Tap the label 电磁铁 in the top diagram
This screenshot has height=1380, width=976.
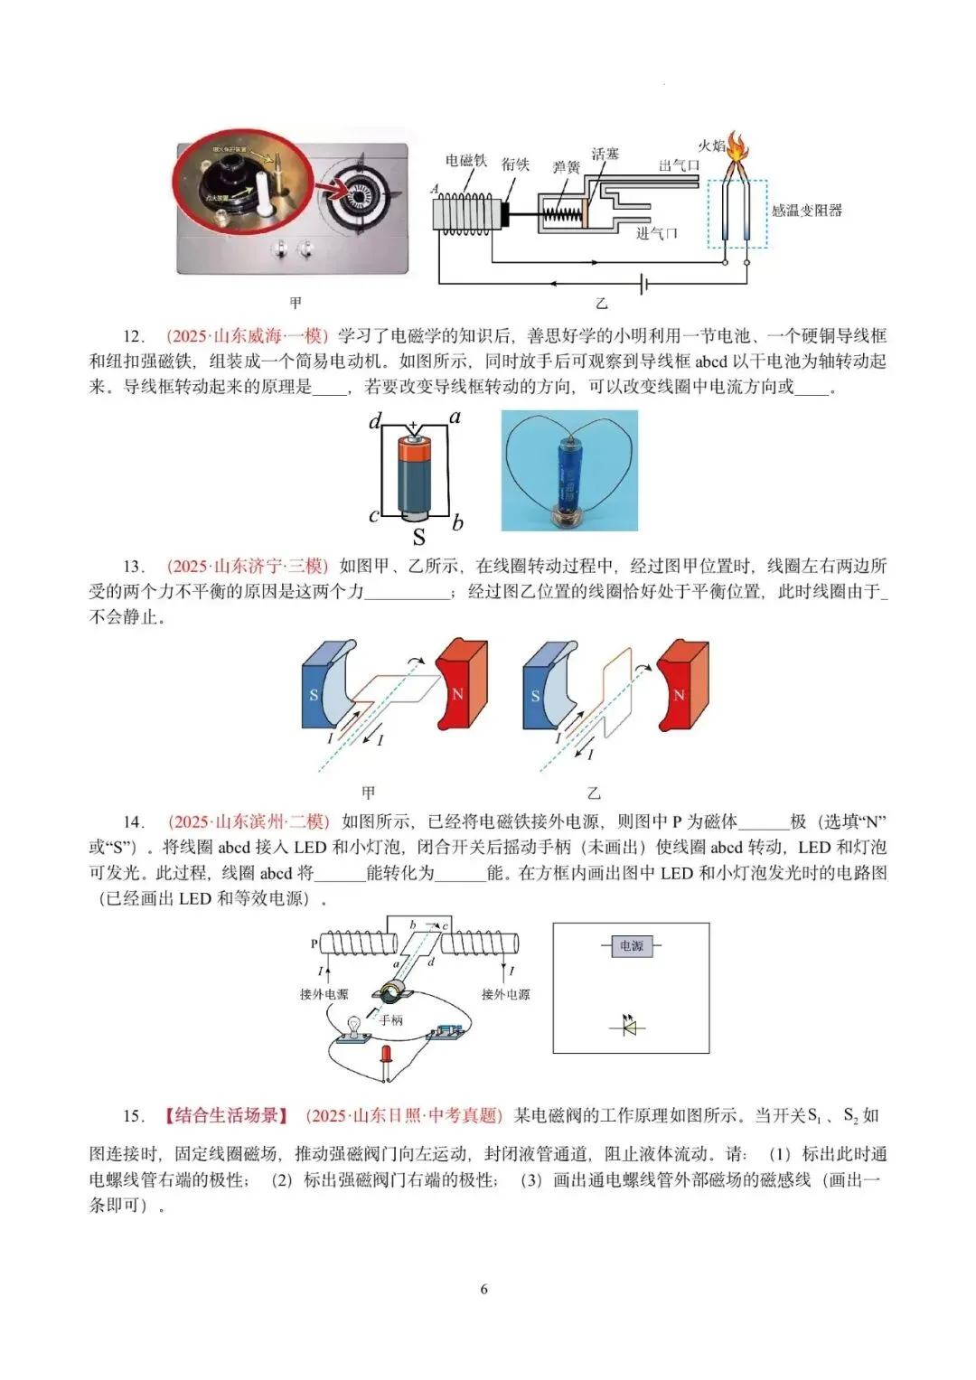[x=465, y=161]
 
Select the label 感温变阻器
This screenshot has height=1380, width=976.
[x=806, y=211]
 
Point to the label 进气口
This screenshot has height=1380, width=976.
[x=656, y=234]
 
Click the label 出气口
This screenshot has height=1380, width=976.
[x=680, y=165]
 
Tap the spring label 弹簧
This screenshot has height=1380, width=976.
[x=567, y=167]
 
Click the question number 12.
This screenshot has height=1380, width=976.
[x=133, y=336]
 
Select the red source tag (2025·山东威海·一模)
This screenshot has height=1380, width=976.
[x=247, y=336]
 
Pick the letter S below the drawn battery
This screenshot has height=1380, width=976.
[x=418, y=537]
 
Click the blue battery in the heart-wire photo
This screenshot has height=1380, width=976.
[x=569, y=471]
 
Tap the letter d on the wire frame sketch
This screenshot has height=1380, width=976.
[x=376, y=421]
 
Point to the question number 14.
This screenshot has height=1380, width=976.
[x=133, y=821]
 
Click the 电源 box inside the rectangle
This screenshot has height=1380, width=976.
[x=631, y=946]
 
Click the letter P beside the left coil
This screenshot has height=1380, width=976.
[x=314, y=943]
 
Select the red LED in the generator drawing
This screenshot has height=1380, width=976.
[x=387, y=1056]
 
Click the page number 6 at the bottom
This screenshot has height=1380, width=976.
[x=484, y=1289]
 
